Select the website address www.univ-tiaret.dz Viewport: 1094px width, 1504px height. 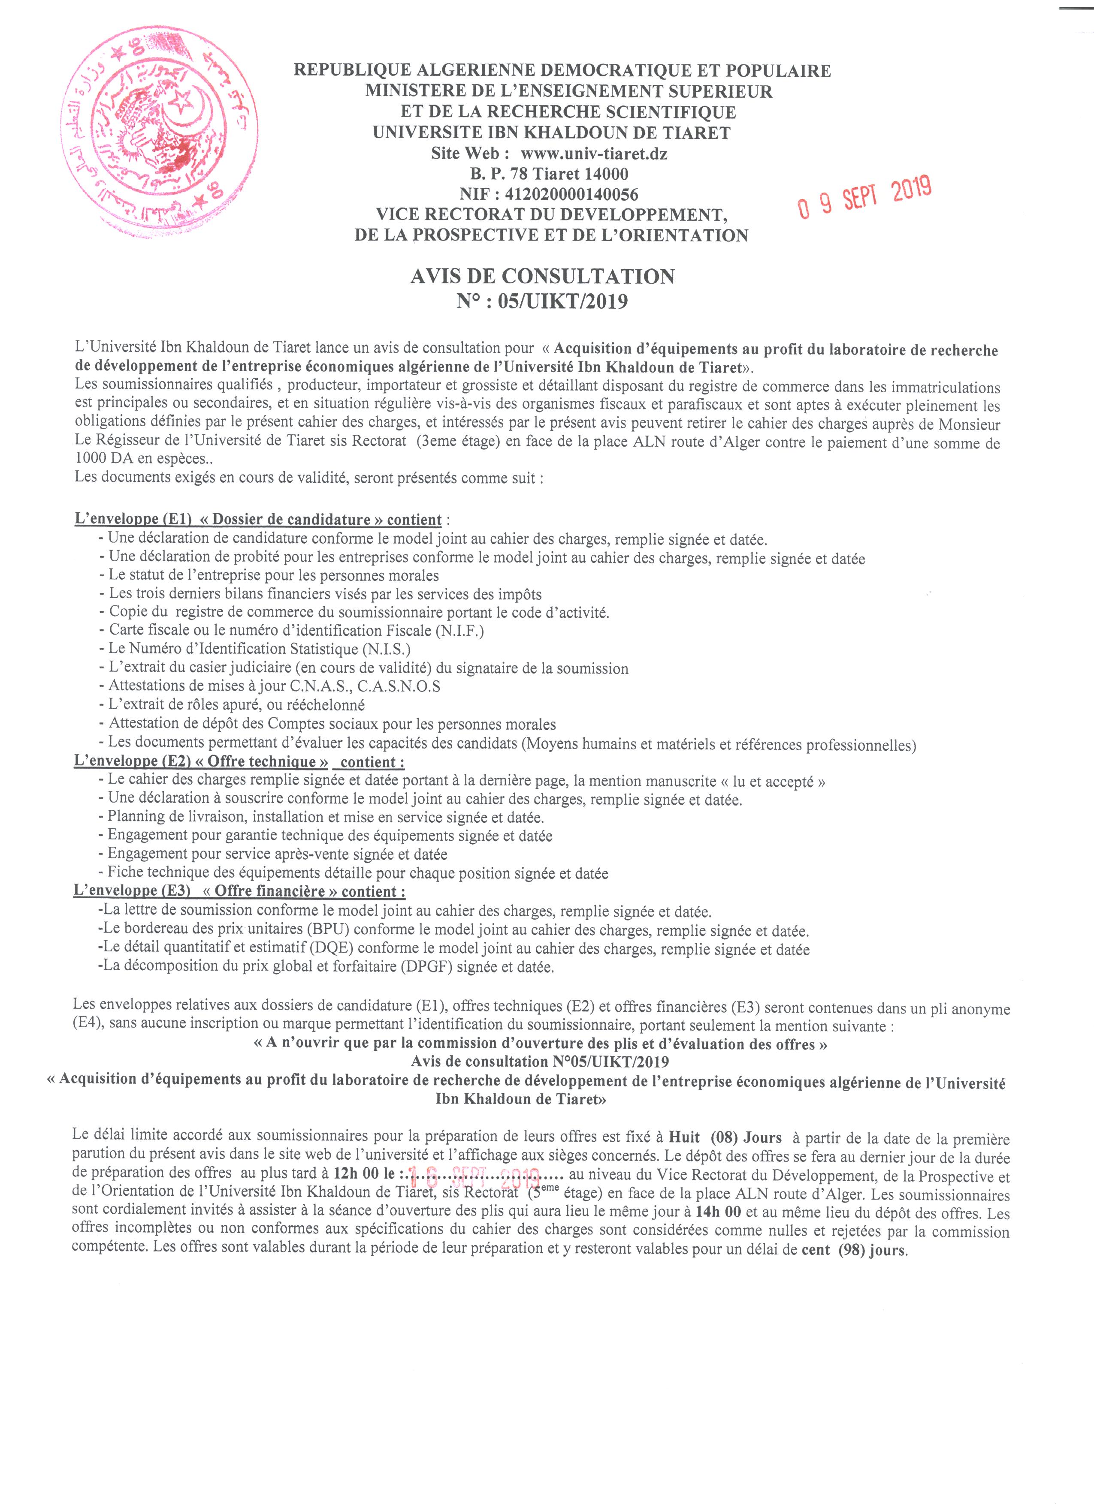(594, 154)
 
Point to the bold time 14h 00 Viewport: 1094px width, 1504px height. (718, 1213)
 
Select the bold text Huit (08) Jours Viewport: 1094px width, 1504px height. (725, 1138)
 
